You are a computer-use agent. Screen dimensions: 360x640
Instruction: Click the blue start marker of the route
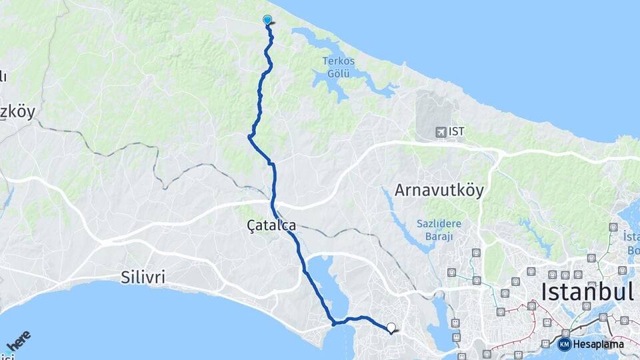click(267, 20)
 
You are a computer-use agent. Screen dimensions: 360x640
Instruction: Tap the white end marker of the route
click(391, 327)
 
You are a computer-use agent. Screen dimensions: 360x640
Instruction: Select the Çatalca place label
click(271, 226)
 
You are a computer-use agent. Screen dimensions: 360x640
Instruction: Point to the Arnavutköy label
click(439, 190)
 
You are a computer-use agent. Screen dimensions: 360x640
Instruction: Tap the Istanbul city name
click(586, 291)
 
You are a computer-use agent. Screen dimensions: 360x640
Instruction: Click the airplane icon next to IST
click(440, 131)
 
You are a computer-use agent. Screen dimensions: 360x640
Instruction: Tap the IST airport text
click(457, 131)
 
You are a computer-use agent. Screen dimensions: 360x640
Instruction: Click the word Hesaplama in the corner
click(599, 344)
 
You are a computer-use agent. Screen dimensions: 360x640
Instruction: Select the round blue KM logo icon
click(564, 344)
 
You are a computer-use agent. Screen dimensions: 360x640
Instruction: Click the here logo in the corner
click(18, 342)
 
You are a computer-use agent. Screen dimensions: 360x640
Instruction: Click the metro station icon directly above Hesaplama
click(565, 332)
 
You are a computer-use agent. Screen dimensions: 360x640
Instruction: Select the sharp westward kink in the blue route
click(249, 137)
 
